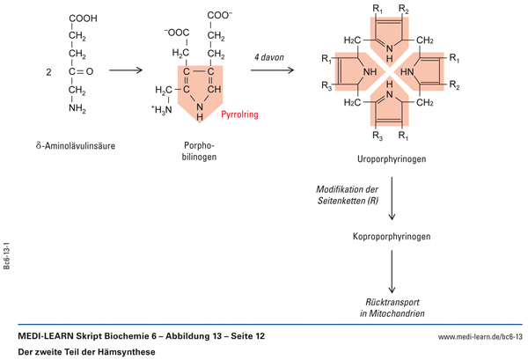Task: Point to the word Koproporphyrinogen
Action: [391, 237]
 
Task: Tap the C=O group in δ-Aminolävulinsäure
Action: [82, 72]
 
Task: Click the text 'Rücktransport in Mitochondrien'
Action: [391, 307]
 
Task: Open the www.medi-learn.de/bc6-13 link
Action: [480, 337]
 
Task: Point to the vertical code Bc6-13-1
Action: [7, 258]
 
